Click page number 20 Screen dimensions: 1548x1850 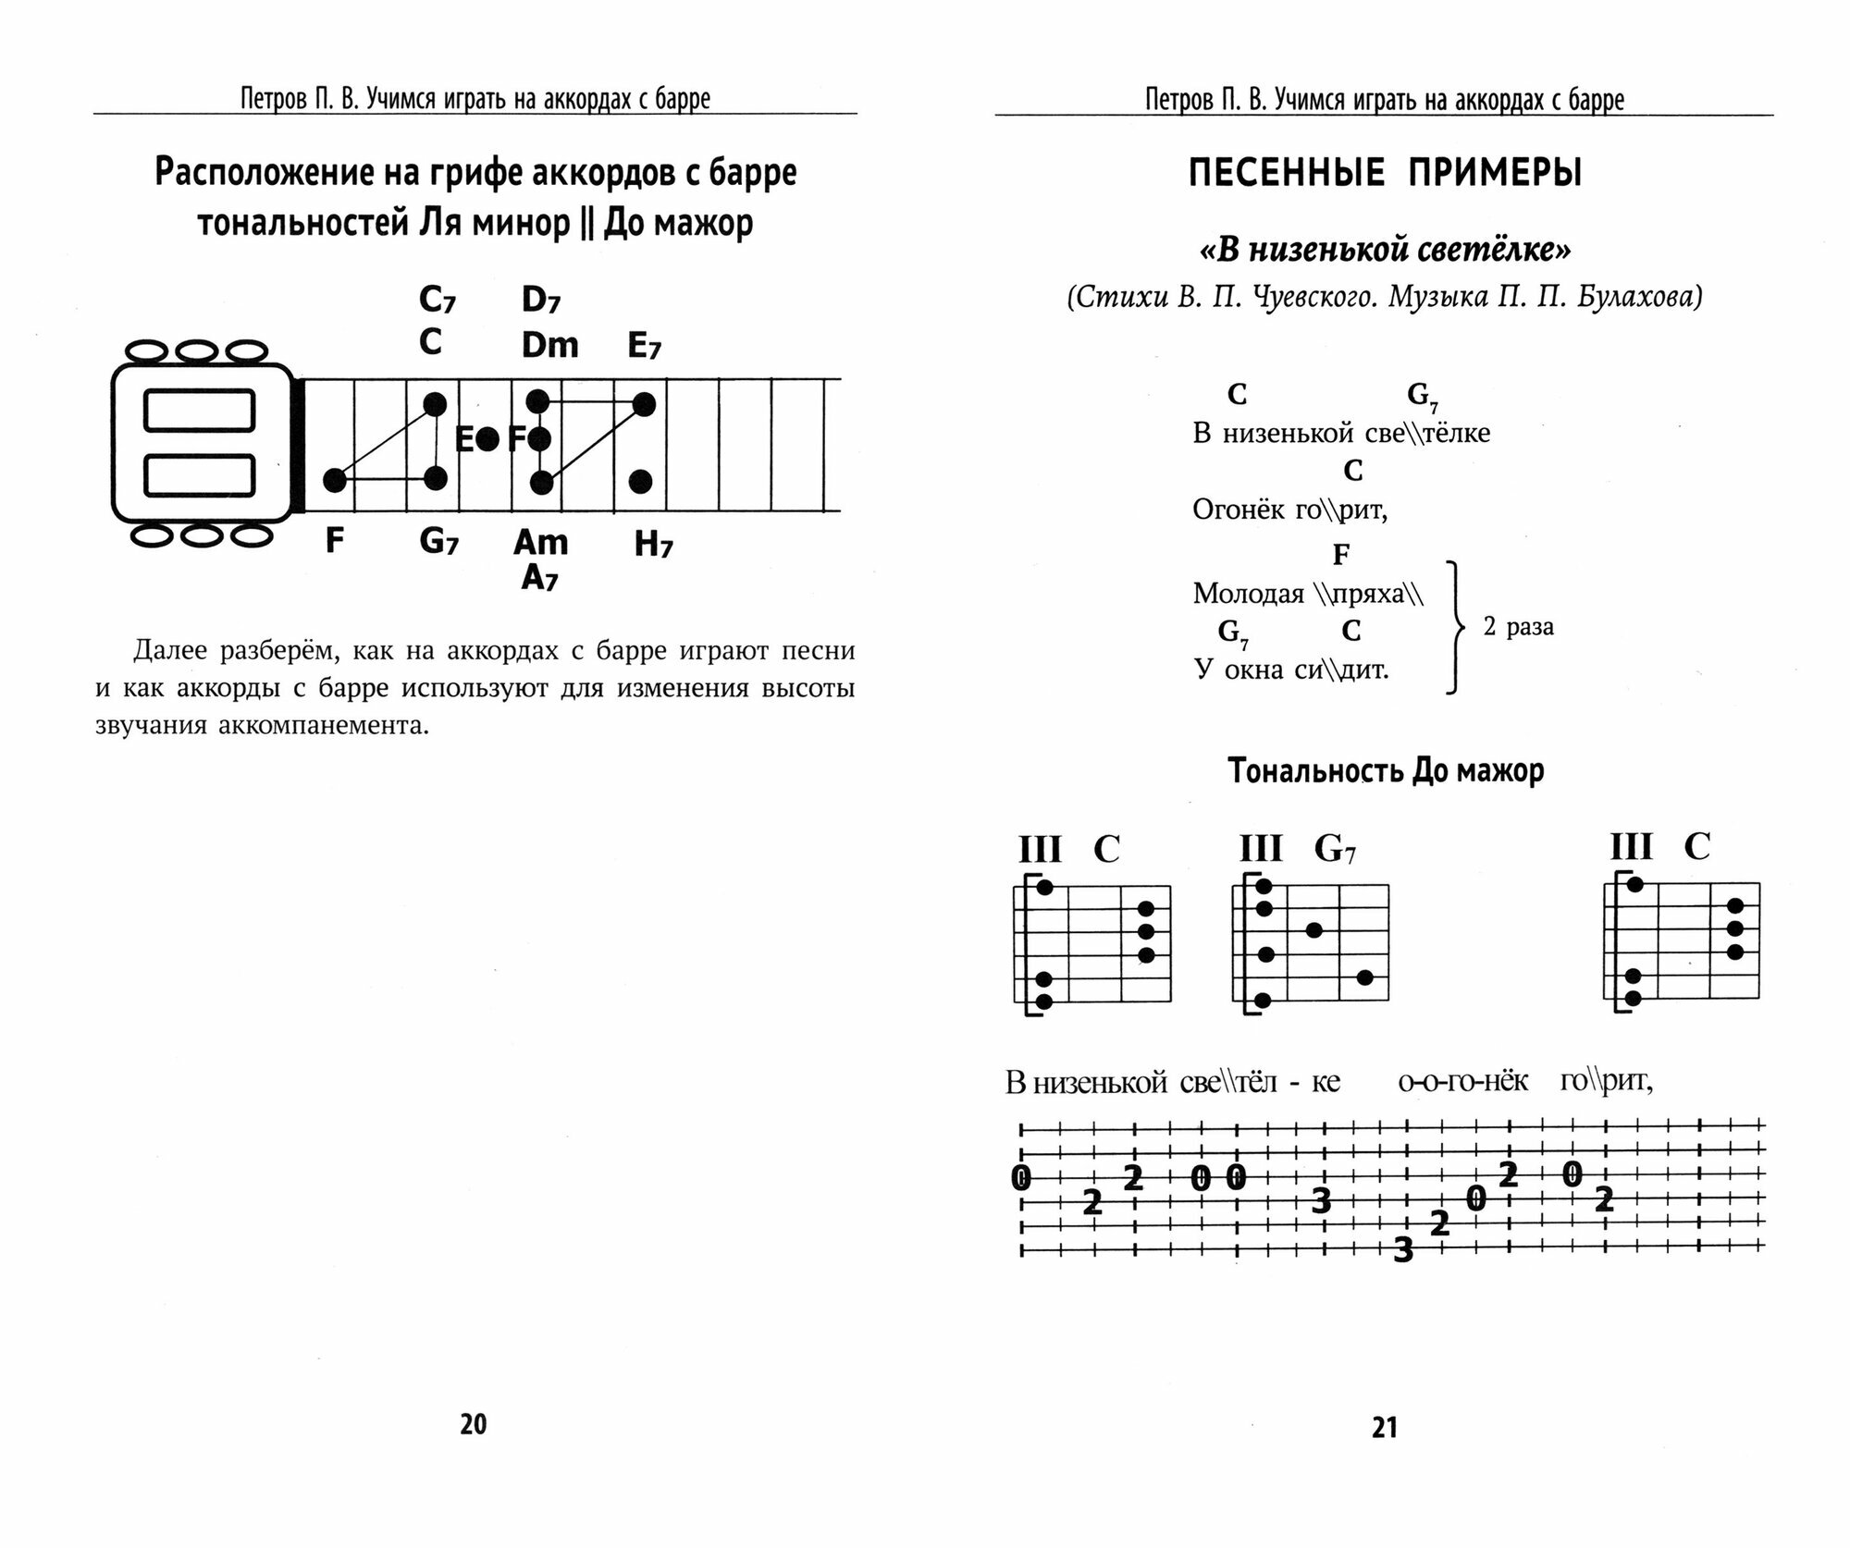point(473,1424)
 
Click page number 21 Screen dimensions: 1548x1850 point(1384,1428)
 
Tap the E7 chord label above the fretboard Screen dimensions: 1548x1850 point(645,346)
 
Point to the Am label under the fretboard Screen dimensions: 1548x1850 point(540,541)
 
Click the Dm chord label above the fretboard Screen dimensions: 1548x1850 point(549,345)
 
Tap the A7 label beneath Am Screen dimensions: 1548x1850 point(540,578)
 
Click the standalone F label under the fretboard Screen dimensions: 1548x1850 point(335,540)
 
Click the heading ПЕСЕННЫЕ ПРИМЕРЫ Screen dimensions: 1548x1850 point(1385,173)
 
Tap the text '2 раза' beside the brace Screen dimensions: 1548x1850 point(1518,627)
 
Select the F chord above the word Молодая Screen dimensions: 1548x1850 point(1340,554)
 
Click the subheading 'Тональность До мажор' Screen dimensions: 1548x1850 point(1385,770)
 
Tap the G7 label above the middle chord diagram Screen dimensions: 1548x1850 point(1335,848)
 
